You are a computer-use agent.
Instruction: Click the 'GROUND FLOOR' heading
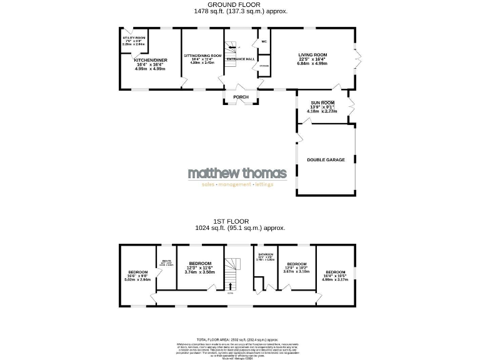click(239, 5)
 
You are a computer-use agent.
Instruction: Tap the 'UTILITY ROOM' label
click(132, 38)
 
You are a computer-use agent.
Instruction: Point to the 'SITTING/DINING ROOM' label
click(202, 56)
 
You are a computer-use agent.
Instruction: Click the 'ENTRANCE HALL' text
click(240, 59)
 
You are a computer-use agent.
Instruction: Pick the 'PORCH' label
click(241, 97)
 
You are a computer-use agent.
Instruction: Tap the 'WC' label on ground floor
click(264, 42)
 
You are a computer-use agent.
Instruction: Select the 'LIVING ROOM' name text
click(312, 55)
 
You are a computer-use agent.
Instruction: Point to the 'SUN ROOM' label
click(322, 102)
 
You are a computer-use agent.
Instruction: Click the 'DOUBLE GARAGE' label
click(326, 160)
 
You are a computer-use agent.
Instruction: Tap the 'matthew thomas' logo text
click(237, 173)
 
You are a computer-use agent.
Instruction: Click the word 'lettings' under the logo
click(263, 185)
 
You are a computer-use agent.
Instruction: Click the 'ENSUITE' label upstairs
click(166, 261)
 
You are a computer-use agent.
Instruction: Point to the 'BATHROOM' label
click(266, 254)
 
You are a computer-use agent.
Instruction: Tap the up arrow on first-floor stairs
click(229, 286)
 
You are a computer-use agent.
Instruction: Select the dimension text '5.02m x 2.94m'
click(138, 279)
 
